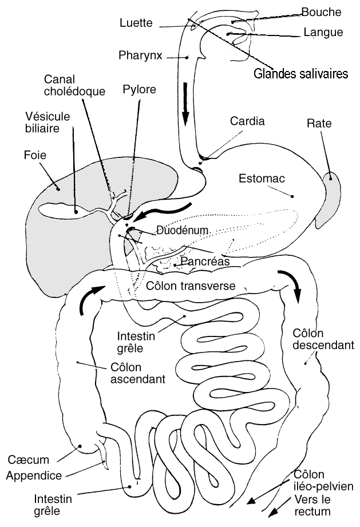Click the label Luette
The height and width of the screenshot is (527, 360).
pyautogui.click(x=136, y=23)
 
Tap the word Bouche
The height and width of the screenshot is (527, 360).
pyautogui.click(x=321, y=12)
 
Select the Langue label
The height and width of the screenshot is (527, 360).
pyautogui.click(x=323, y=33)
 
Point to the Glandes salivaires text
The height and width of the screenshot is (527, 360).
pyautogui.click(x=302, y=74)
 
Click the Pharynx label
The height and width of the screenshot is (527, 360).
pyautogui.click(x=141, y=56)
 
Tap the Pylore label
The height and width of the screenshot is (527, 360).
pyautogui.click(x=139, y=89)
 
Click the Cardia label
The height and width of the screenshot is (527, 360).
pyautogui.click(x=247, y=121)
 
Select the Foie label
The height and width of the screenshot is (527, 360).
pyautogui.click(x=35, y=154)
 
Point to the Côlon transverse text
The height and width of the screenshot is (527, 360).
pyautogui.click(x=190, y=286)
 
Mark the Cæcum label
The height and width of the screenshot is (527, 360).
pyautogui.click(x=29, y=460)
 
